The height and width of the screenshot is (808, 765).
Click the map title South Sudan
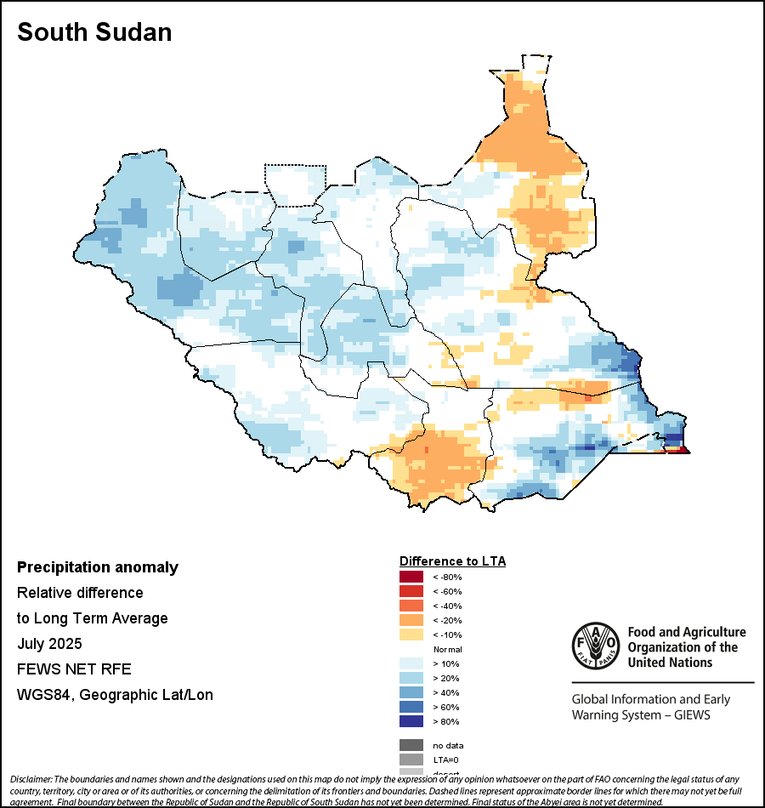pyautogui.click(x=94, y=32)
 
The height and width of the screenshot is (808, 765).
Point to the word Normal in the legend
pyautogui.click(x=446, y=649)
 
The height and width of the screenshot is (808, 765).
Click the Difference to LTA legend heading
pyautogui.click(x=452, y=561)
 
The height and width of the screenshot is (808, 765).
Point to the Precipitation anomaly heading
pyautogui.click(x=98, y=567)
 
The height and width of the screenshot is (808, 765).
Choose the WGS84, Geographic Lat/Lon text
pyautogui.click(x=115, y=695)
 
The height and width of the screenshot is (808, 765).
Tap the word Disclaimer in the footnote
pyautogui.click(x=31, y=779)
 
